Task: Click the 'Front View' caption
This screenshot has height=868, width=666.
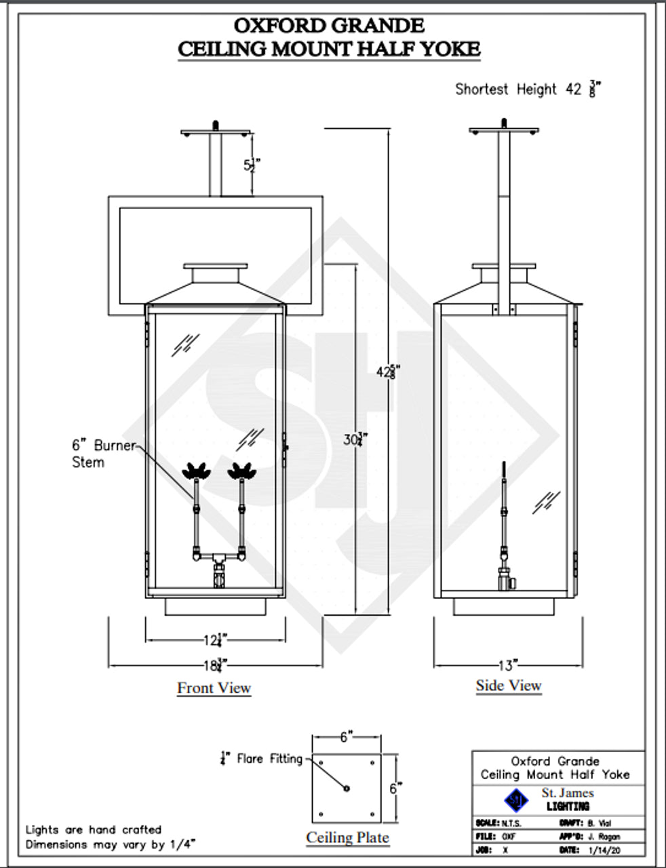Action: [214, 688]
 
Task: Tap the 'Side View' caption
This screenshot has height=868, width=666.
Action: [508, 685]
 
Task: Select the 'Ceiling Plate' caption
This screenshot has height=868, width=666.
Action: [347, 837]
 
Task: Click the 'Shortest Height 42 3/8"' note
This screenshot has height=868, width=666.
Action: [528, 89]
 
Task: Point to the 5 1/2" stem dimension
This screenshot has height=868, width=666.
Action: [252, 165]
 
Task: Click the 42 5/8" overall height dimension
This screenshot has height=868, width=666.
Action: [388, 372]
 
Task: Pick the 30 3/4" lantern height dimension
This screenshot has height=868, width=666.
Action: [355, 439]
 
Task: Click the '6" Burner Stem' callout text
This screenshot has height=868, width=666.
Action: [102, 454]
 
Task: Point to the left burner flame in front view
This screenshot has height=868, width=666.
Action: [197, 470]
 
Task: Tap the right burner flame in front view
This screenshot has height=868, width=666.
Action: [241, 470]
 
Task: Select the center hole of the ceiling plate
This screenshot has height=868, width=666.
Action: [347, 788]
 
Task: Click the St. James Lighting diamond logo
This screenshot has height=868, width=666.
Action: [517, 800]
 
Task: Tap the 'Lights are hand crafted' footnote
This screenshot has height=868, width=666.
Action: [94, 829]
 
